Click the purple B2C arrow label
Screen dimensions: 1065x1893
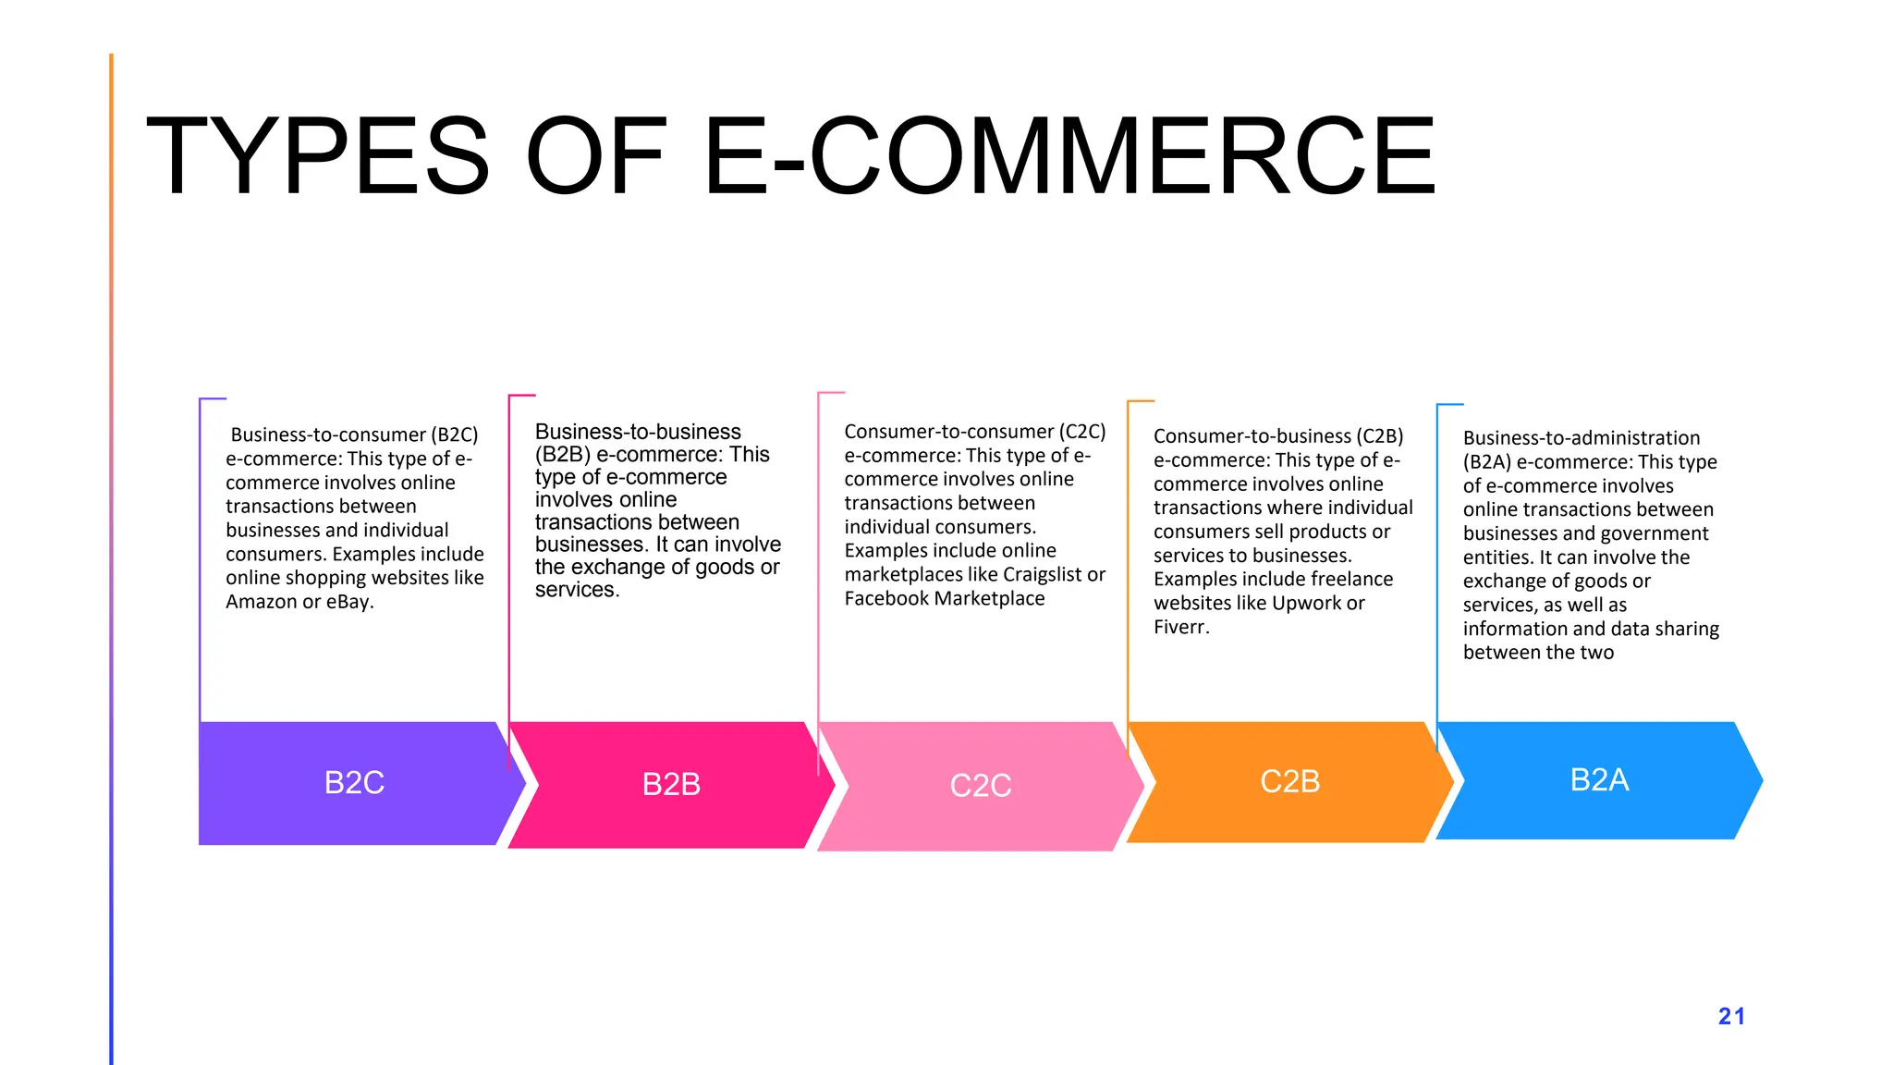pyautogui.click(x=354, y=783)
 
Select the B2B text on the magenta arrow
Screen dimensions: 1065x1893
pyautogui.click(x=671, y=785)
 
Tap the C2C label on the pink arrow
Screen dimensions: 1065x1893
pyautogui.click(x=981, y=786)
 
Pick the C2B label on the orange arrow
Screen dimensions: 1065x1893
pyautogui.click(x=1289, y=782)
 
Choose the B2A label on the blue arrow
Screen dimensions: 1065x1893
pyautogui.click(x=1599, y=780)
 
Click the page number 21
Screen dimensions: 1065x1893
pyautogui.click(x=1731, y=1017)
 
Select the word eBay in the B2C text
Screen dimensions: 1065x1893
pyautogui.click(x=349, y=602)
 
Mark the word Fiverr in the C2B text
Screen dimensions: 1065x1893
pyautogui.click(x=1180, y=628)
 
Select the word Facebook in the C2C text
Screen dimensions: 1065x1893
pyautogui.click(x=888, y=599)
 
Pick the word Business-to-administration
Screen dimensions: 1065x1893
pyautogui.click(x=1581, y=438)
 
